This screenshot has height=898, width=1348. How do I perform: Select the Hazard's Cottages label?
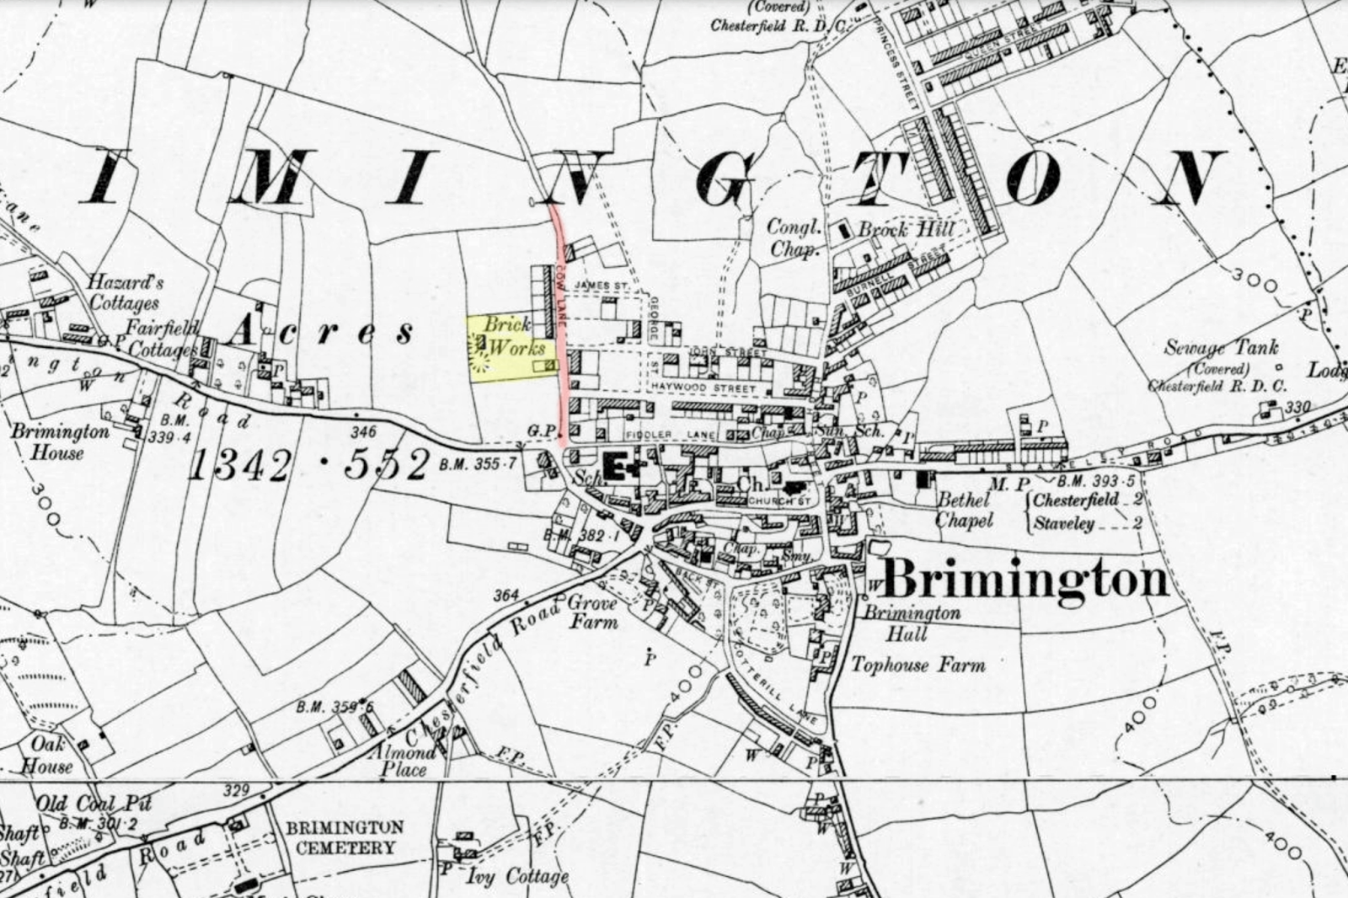tap(124, 292)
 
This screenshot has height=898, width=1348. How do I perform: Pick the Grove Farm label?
tap(592, 612)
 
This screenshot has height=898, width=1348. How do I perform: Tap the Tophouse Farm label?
tap(917, 665)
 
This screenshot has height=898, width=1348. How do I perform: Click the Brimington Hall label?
tap(912, 623)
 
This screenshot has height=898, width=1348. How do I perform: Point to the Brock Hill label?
tap(907, 229)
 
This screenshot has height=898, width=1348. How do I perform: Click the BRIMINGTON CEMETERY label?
tap(345, 837)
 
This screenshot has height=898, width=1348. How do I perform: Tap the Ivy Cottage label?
tap(517, 876)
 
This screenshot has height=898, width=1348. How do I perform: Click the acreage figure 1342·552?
tap(308, 464)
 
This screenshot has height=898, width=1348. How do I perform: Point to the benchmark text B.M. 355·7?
tap(478, 464)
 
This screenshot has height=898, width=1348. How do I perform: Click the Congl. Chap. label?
tap(793, 238)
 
